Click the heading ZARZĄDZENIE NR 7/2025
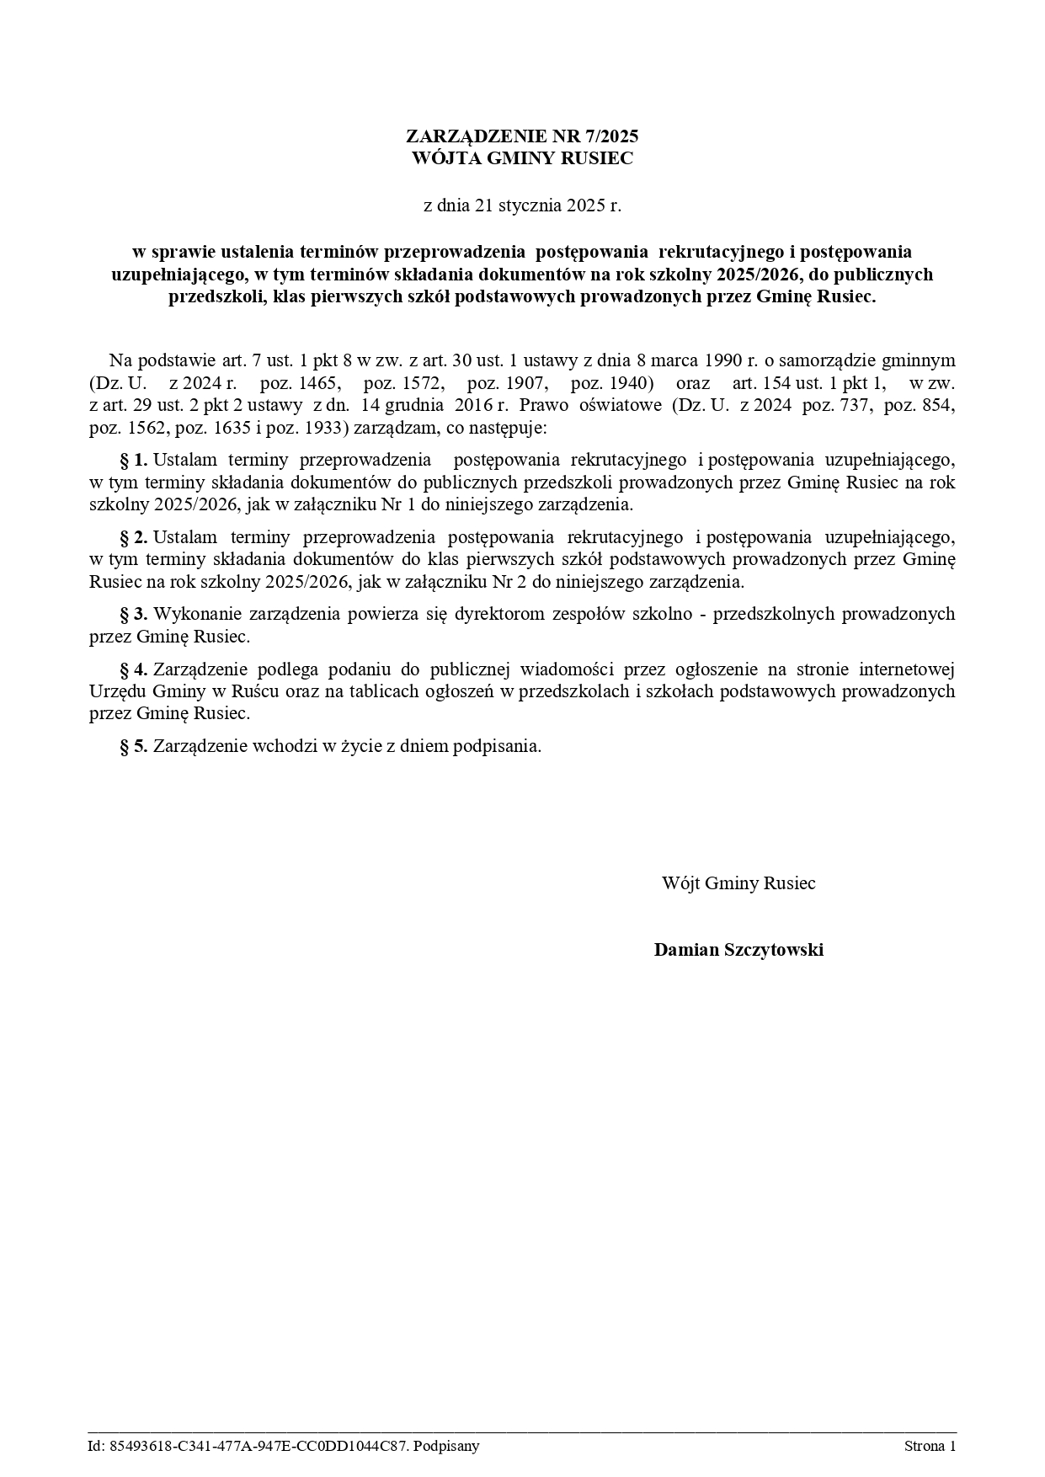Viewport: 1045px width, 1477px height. (522, 136)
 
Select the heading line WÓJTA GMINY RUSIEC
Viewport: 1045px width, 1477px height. (522, 158)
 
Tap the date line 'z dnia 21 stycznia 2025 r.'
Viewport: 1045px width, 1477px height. (522, 205)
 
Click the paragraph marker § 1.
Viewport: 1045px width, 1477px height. (135, 460)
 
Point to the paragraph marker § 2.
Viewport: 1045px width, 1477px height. (135, 537)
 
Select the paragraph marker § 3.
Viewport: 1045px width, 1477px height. (135, 613)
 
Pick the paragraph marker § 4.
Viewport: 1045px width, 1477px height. (135, 669)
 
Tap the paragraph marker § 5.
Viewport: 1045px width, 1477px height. (135, 746)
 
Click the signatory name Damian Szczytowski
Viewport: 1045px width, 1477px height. (738, 950)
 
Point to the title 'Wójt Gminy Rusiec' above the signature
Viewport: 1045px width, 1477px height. (738, 883)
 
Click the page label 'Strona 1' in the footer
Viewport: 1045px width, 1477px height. (930, 1447)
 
